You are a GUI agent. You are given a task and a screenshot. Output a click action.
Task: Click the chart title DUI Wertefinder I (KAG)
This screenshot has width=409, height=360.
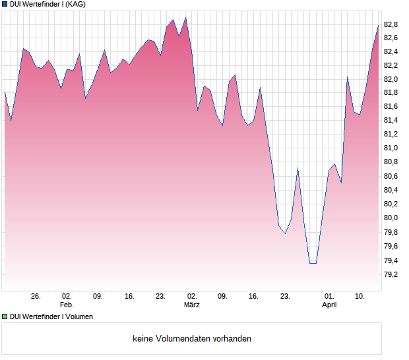click(47, 4)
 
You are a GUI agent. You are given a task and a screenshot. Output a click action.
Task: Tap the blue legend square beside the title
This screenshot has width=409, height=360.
click(5, 4)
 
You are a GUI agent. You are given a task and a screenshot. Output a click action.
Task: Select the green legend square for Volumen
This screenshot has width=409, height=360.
click(5, 316)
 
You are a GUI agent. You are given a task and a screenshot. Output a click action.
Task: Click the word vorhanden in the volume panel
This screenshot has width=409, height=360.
click(233, 339)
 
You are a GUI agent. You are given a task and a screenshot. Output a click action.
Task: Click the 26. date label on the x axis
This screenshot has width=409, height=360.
click(36, 297)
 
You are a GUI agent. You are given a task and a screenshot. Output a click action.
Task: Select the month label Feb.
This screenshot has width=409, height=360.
click(66, 305)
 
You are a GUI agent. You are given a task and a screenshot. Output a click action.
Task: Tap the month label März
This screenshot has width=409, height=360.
click(191, 305)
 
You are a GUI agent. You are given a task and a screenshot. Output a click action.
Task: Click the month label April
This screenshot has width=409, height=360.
click(329, 305)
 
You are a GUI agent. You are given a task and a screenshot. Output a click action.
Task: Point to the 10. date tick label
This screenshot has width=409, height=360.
click(360, 297)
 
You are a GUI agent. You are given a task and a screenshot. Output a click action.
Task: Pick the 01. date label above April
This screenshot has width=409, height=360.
click(329, 297)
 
